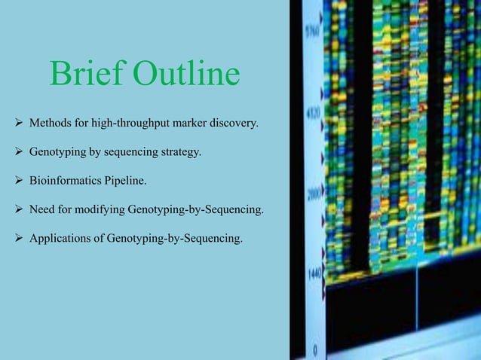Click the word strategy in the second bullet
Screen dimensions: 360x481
click(x=180, y=151)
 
